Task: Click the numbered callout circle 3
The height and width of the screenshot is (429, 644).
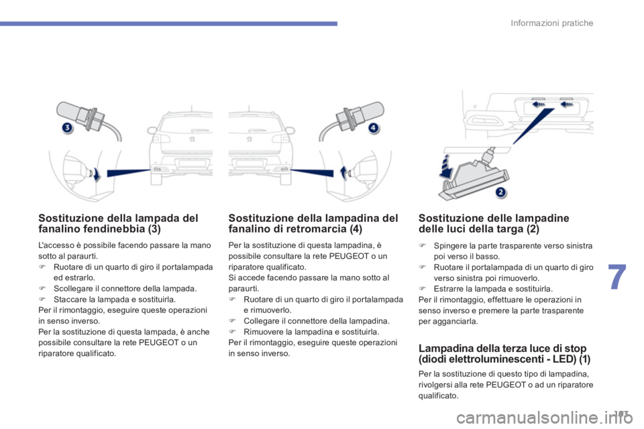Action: point(67,127)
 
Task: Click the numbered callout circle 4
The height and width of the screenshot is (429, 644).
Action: point(373,127)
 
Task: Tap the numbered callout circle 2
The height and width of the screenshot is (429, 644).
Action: point(500,192)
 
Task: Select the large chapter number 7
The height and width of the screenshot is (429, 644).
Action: point(617,277)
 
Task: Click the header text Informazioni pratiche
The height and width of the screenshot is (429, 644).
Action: point(551,23)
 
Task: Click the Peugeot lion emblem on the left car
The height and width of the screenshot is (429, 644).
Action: point(193,139)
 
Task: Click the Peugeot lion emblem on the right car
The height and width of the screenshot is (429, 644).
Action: point(250,139)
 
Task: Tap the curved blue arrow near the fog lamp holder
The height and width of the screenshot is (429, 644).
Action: point(97,174)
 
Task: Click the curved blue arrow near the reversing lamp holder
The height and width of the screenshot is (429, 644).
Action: point(343,172)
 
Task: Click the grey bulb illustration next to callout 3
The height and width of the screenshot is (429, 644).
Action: point(89,119)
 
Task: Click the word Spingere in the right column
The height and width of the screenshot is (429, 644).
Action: point(449,246)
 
